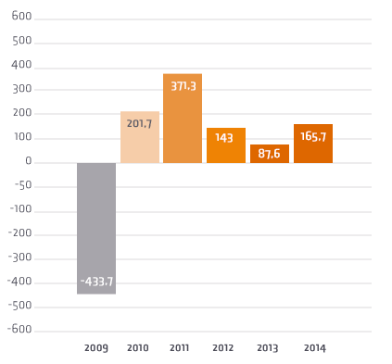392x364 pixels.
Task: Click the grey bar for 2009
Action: click(x=96, y=228)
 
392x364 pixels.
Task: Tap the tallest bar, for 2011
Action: click(x=183, y=119)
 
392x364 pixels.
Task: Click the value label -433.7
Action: click(x=96, y=282)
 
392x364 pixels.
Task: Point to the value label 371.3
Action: click(x=183, y=85)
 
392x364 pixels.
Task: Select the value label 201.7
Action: click(x=140, y=123)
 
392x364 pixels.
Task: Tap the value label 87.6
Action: click(x=270, y=154)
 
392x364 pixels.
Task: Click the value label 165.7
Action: click(x=313, y=136)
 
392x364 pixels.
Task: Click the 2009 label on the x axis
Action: click(x=96, y=347)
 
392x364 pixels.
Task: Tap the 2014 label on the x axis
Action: click(x=313, y=347)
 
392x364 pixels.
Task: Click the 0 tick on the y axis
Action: click(x=29, y=162)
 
